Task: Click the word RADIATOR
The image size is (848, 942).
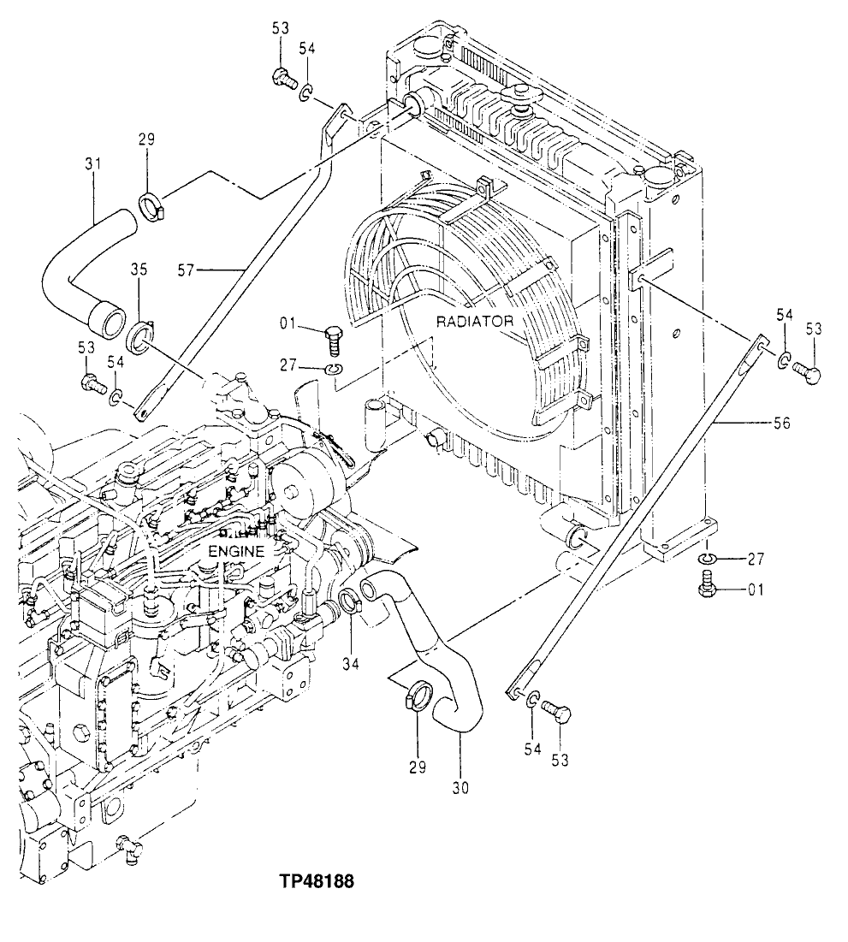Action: [474, 322]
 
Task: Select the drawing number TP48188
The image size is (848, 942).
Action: [316, 880]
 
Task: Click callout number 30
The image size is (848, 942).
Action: [461, 787]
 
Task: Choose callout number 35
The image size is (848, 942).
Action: [139, 269]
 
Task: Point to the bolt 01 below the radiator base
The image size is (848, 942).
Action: [706, 589]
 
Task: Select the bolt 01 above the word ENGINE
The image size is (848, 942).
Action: [334, 341]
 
